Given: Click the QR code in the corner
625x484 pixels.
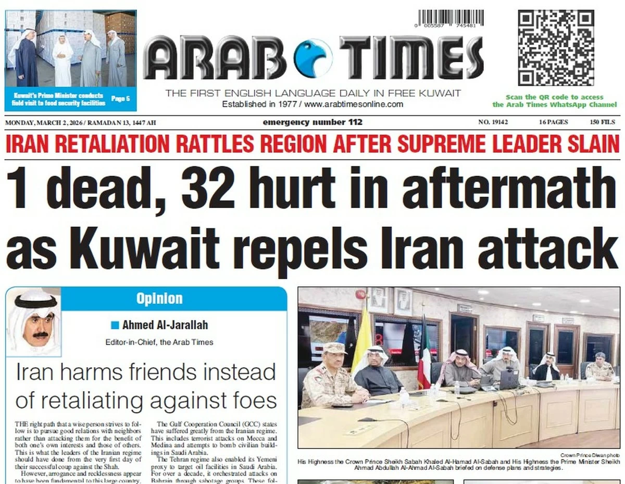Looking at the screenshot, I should (x=555, y=47).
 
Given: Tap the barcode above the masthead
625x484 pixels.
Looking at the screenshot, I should (x=450, y=18).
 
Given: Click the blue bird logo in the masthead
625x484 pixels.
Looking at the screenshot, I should (x=312, y=58).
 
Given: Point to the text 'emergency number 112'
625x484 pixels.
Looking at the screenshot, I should (x=312, y=123).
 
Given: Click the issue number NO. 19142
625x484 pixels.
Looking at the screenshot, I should (x=493, y=123).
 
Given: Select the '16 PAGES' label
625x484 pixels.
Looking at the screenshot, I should (x=554, y=123).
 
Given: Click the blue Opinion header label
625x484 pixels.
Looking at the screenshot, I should (x=159, y=299).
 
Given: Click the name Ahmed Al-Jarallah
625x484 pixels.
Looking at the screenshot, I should (x=165, y=325).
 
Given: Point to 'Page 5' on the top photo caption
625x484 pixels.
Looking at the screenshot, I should (x=120, y=99).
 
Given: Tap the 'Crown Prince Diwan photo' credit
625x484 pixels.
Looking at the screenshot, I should (x=590, y=455).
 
